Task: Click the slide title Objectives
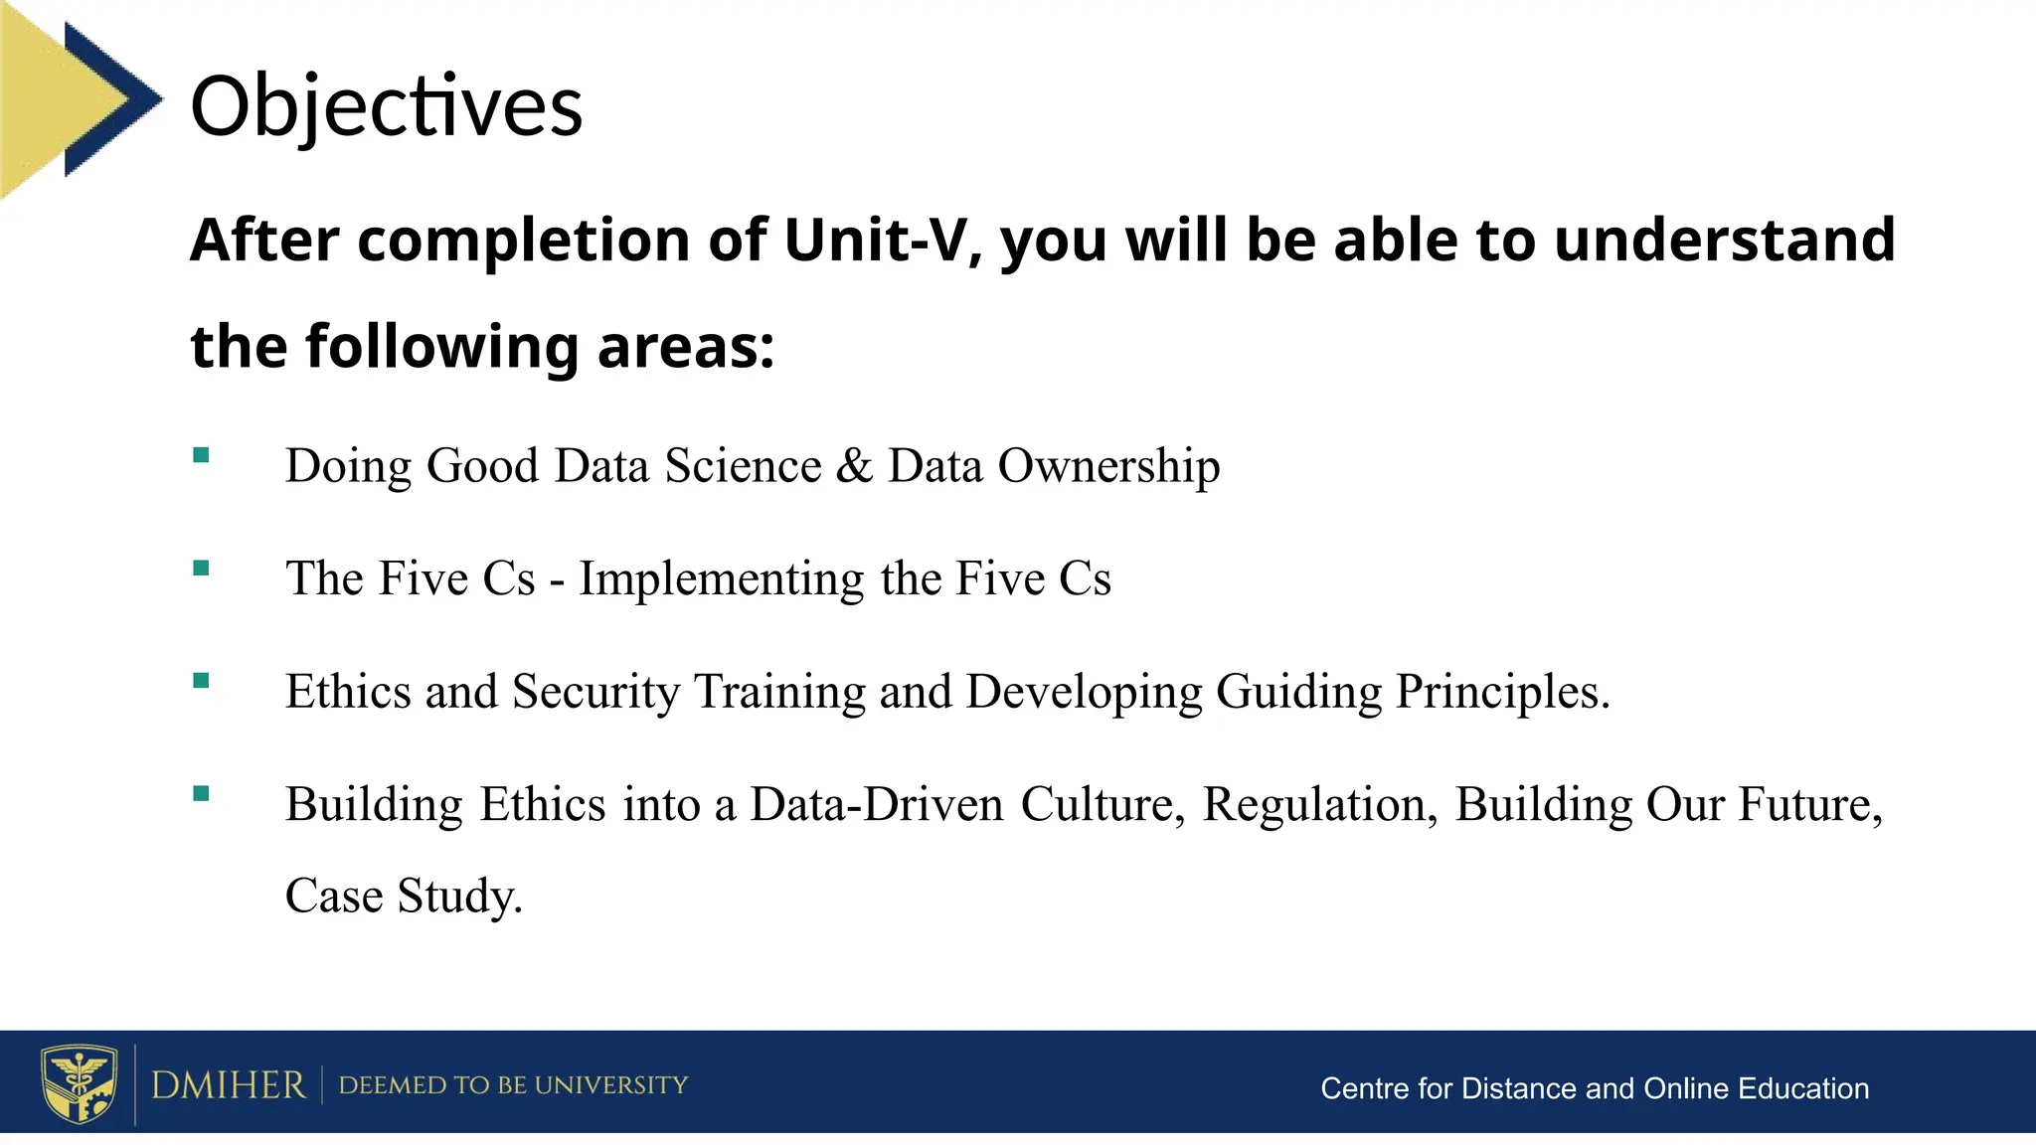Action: coord(386,106)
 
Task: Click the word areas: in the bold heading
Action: coord(686,347)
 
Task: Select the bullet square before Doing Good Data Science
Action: coord(202,456)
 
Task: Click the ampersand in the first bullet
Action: coord(854,466)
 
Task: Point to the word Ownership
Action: coord(1108,466)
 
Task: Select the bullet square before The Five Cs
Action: coord(202,569)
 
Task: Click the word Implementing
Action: coord(722,579)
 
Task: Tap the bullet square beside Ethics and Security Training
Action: coord(202,681)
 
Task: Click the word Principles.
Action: coord(1501,692)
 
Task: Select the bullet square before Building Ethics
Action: coord(202,793)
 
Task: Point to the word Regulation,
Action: coord(1320,804)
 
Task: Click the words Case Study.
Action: coord(403,896)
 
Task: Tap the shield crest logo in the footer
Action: coord(79,1083)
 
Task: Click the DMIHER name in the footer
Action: coord(228,1085)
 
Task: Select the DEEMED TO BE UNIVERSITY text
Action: coord(513,1085)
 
